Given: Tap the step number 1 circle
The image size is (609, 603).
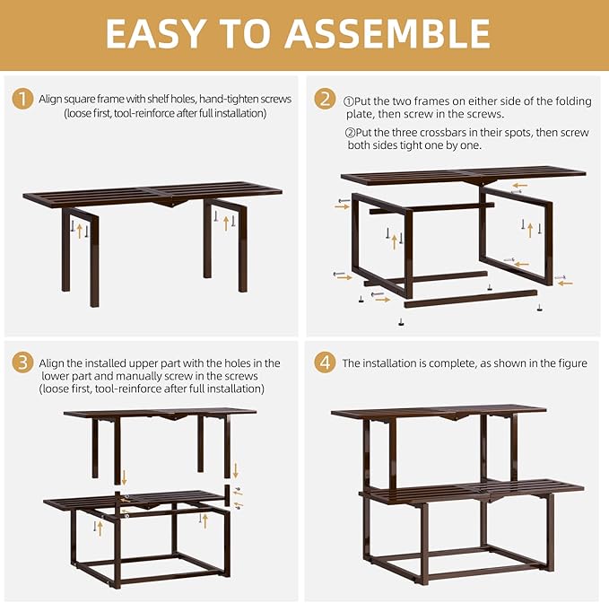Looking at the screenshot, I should pyautogui.click(x=22, y=99).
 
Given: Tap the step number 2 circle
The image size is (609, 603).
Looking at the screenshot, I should pyautogui.click(x=324, y=99).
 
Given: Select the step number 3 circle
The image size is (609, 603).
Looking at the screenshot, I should pyautogui.click(x=22, y=363).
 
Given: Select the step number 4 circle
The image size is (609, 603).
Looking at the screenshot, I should pyautogui.click(x=324, y=363).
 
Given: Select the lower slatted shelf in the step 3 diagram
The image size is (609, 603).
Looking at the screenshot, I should pyautogui.click(x=135, y=498).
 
